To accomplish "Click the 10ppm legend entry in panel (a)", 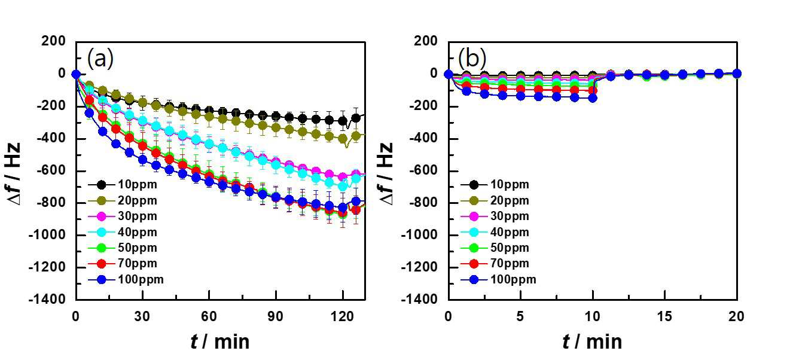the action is click(x=123, y=184).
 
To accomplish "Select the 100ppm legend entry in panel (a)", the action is click(x=126, y=280).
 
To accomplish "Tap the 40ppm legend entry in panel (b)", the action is click(x=495, y=232).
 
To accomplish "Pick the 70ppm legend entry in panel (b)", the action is click(x=495, y=264).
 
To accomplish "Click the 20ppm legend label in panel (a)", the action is click(x=138, y=200).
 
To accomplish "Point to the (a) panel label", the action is click(x=100, y=58).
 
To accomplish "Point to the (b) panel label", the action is click(x=472, y=58).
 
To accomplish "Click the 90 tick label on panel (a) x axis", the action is click(x=276, y=316).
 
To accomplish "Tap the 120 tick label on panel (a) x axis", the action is click(x=342, y=316).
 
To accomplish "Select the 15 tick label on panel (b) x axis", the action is click(x=664, y=316).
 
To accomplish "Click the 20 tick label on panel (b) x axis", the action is click(x=736, y=316).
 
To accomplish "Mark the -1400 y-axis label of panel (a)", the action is click(x=47, y=299).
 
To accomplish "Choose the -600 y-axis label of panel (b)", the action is click(x=423, y=170).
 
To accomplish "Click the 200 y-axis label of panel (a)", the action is click(x=54, y=41).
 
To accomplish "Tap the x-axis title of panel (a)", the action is click(x=220, y=342).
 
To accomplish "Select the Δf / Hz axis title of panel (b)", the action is click(x=386, y=174).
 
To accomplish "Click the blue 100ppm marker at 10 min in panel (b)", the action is click(x=593, y=98).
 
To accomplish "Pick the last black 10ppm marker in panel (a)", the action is click(x=356, y=118).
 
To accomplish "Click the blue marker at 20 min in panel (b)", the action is click(x=737, y=74).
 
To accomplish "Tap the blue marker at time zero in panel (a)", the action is click(x=76, y=74).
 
